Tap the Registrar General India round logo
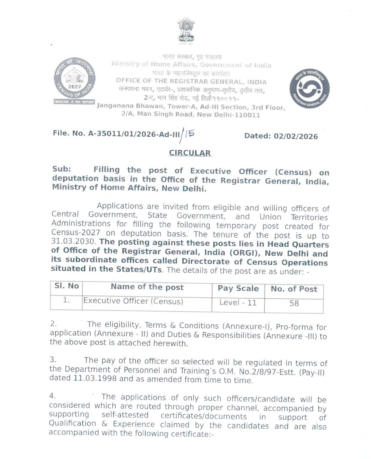click(310, 88)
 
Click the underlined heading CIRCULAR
click(190, 153)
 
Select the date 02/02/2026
click(296, 136)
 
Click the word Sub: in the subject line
click(61, 169)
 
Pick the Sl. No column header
click(67, 286)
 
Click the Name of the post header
click(147, 287)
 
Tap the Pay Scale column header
click(238, 288)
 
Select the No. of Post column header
click(294, 289)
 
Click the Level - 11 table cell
click(238, 302)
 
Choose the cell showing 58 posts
click(294, 303)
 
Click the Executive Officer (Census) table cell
click(133, 301)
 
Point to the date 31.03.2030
click(73, 242)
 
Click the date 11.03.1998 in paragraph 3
click(95, 378)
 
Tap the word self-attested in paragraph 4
click(125, 415)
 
